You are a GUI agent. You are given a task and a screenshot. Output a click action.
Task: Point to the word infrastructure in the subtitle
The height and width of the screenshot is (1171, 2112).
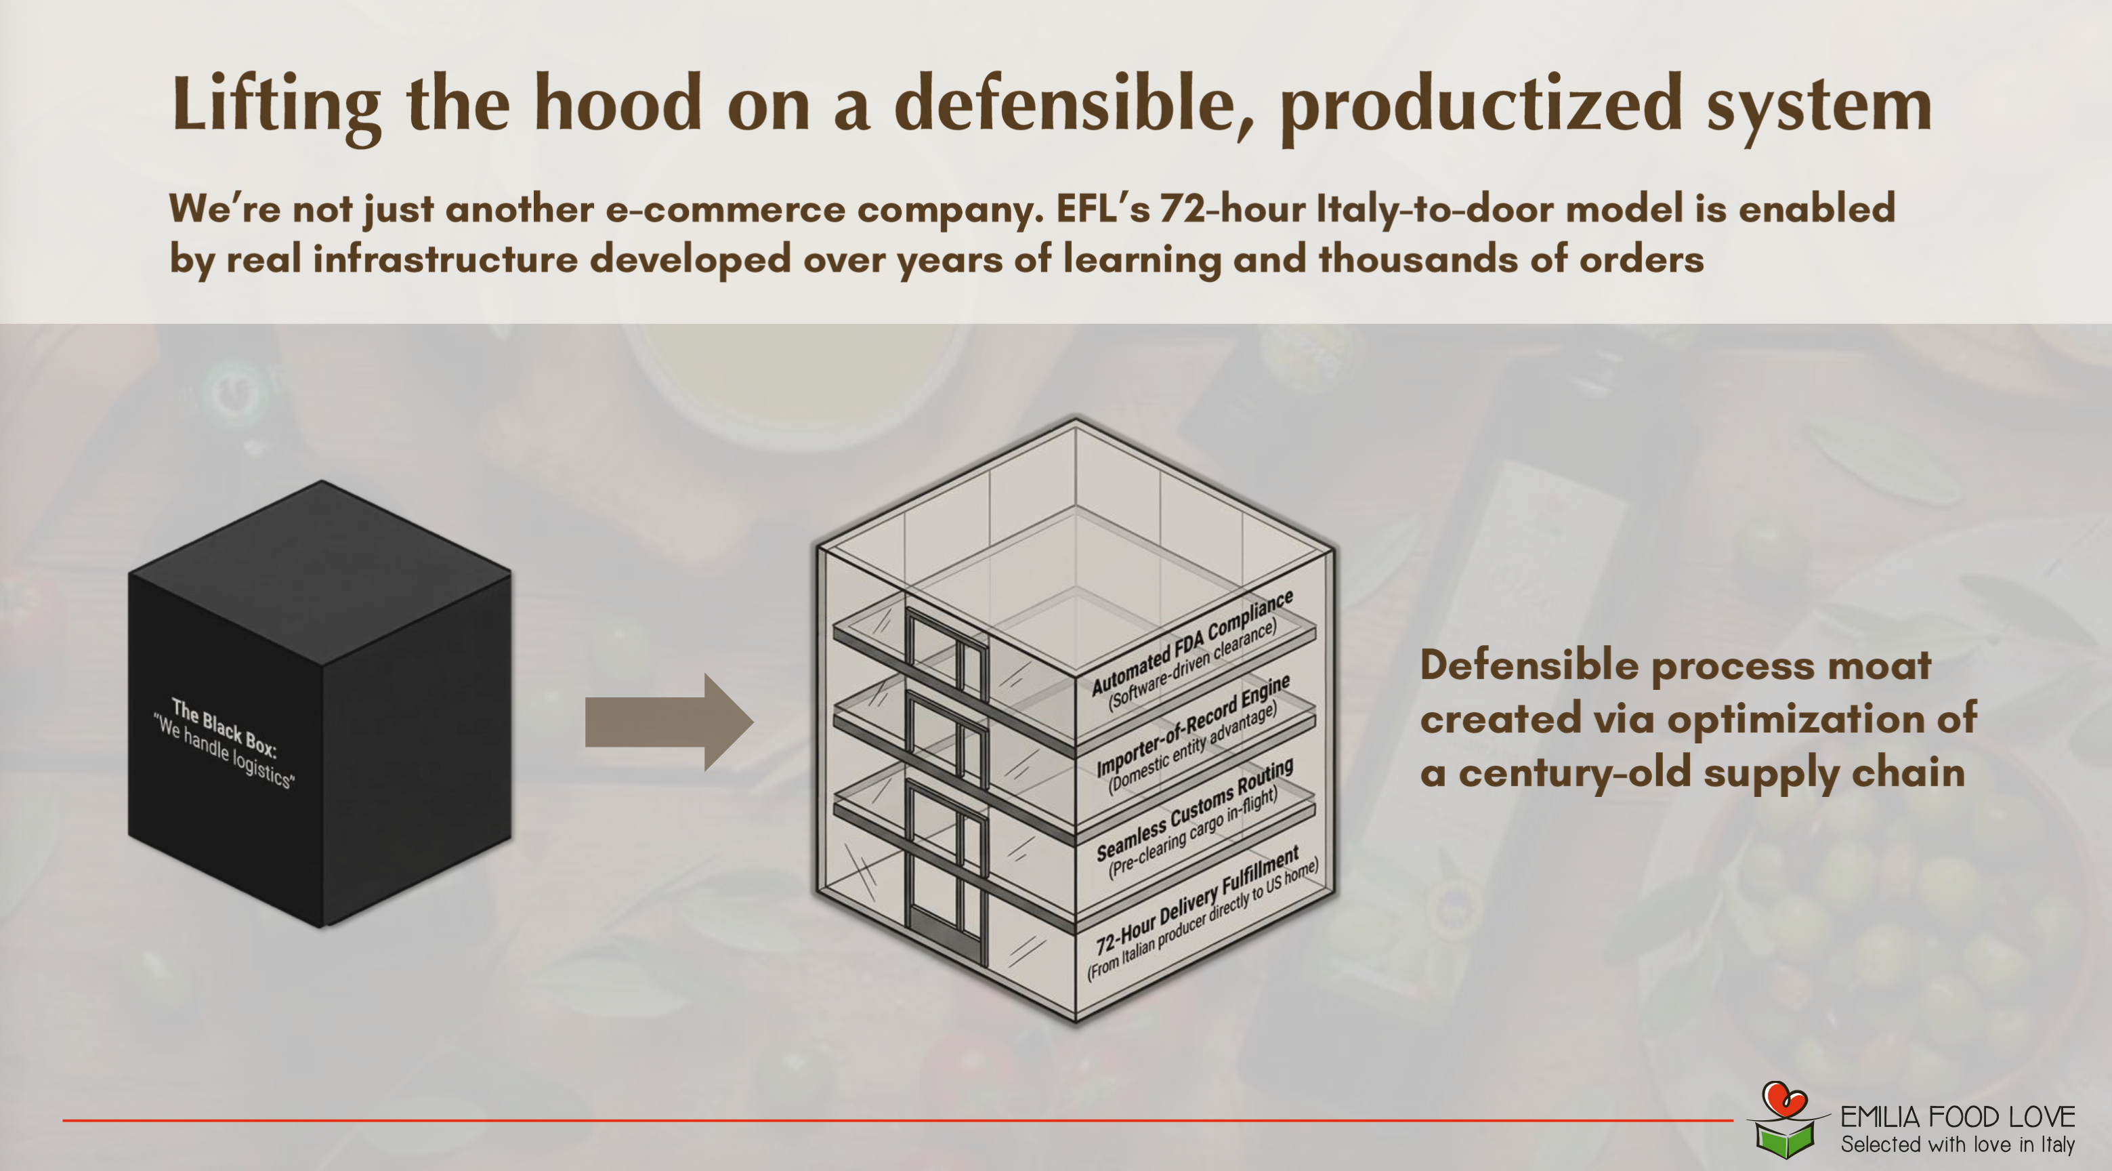(x=445, y=259)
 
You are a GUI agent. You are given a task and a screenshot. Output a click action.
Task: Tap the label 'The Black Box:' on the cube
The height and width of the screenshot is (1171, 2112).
(x=224, y=727)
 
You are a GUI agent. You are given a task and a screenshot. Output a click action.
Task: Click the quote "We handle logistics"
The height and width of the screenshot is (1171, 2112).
(x=223, y=751)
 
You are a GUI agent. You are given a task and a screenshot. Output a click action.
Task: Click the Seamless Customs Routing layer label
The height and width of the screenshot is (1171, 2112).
(x=1194, y=808)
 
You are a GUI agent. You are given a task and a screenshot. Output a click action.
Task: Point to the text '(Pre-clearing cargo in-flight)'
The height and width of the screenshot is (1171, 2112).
(x=1192, y=833)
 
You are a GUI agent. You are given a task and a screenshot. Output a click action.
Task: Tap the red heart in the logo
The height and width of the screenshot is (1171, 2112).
(x=1785, y=1097)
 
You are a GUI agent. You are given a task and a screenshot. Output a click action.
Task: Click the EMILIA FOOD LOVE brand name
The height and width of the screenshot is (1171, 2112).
(x=1958, y=1117)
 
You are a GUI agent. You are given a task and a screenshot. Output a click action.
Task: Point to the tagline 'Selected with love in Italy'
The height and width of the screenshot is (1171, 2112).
(x=1958, y=1145)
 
